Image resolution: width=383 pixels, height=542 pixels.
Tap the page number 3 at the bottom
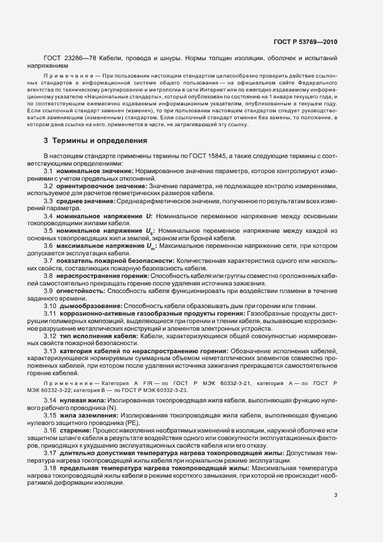click(x=335, y=495)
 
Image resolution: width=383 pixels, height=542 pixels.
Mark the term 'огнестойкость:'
click(x=81, y=291)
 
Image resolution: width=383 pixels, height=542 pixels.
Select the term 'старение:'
click(x=74, y=431)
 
